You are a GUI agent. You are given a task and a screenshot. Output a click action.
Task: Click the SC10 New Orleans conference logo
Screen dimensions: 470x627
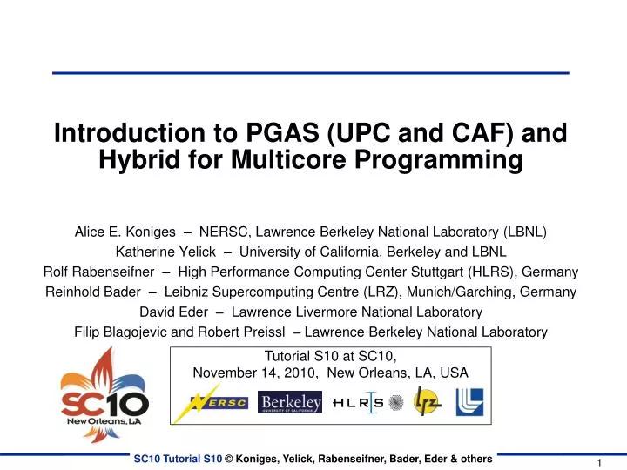104,393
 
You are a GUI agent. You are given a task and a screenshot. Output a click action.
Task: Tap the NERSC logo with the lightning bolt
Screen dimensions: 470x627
220,402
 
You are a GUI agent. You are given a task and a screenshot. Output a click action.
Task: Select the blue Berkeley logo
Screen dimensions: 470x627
291,402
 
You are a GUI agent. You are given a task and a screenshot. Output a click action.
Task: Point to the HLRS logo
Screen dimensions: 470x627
357,402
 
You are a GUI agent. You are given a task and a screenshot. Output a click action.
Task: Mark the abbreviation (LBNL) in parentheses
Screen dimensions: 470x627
526,232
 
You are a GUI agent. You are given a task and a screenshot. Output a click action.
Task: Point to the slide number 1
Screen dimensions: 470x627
601,462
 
